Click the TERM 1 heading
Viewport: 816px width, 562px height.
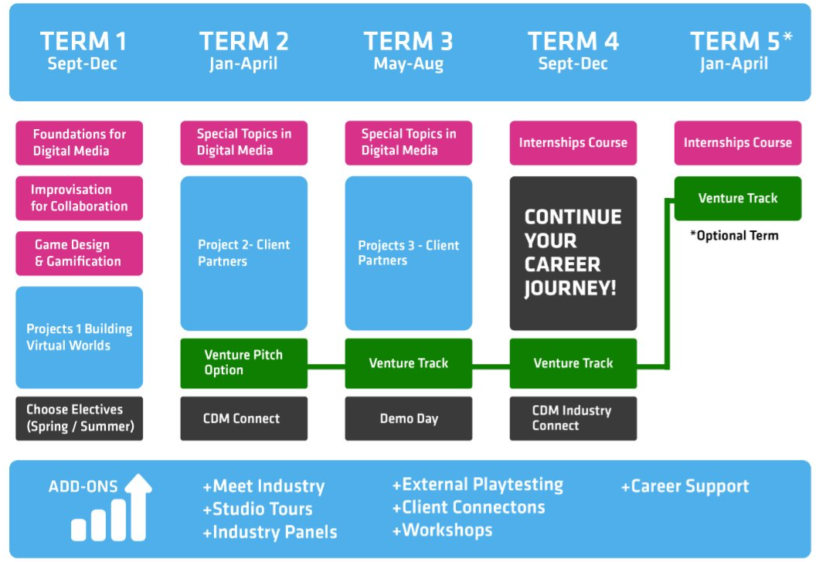[83, 41]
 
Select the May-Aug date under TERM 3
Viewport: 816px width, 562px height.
[409, 64]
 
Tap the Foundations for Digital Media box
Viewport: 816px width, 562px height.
[79, 143]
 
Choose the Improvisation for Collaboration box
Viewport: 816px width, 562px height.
[79, 198]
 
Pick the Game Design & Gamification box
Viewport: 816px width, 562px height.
[79, 253]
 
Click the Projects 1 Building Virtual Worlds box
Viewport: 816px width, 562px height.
[79, 337]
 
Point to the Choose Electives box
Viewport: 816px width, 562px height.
[79, 418]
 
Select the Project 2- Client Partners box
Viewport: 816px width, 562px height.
[244, 253]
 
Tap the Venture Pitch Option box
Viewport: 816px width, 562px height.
[244, 363]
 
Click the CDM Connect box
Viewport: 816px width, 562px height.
[244, 418]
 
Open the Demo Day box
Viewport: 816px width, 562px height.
[409, 418]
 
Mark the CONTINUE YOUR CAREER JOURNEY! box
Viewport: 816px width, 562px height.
[573, 253]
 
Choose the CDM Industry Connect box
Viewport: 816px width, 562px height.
[573, 418]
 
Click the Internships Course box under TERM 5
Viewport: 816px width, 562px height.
[738, 143]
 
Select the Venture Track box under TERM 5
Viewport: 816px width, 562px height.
[738, 198]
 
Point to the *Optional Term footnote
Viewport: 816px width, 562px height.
[734, 236]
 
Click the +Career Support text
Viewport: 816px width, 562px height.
[685, 486]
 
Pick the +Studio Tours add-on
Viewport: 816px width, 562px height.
[257, 509]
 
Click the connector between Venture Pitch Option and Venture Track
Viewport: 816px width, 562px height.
[326, 366]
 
